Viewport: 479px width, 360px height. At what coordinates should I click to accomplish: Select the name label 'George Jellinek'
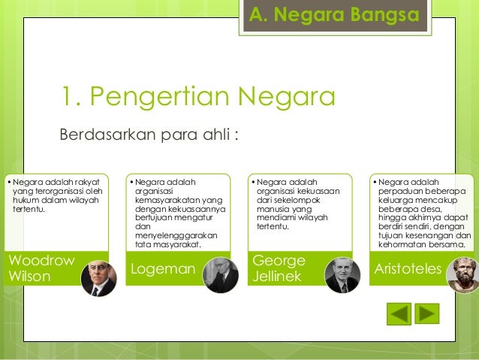point(279,268)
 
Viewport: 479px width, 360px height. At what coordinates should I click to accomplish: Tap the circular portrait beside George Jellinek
point(342,275)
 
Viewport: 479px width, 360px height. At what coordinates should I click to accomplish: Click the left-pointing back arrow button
point(399,313)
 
